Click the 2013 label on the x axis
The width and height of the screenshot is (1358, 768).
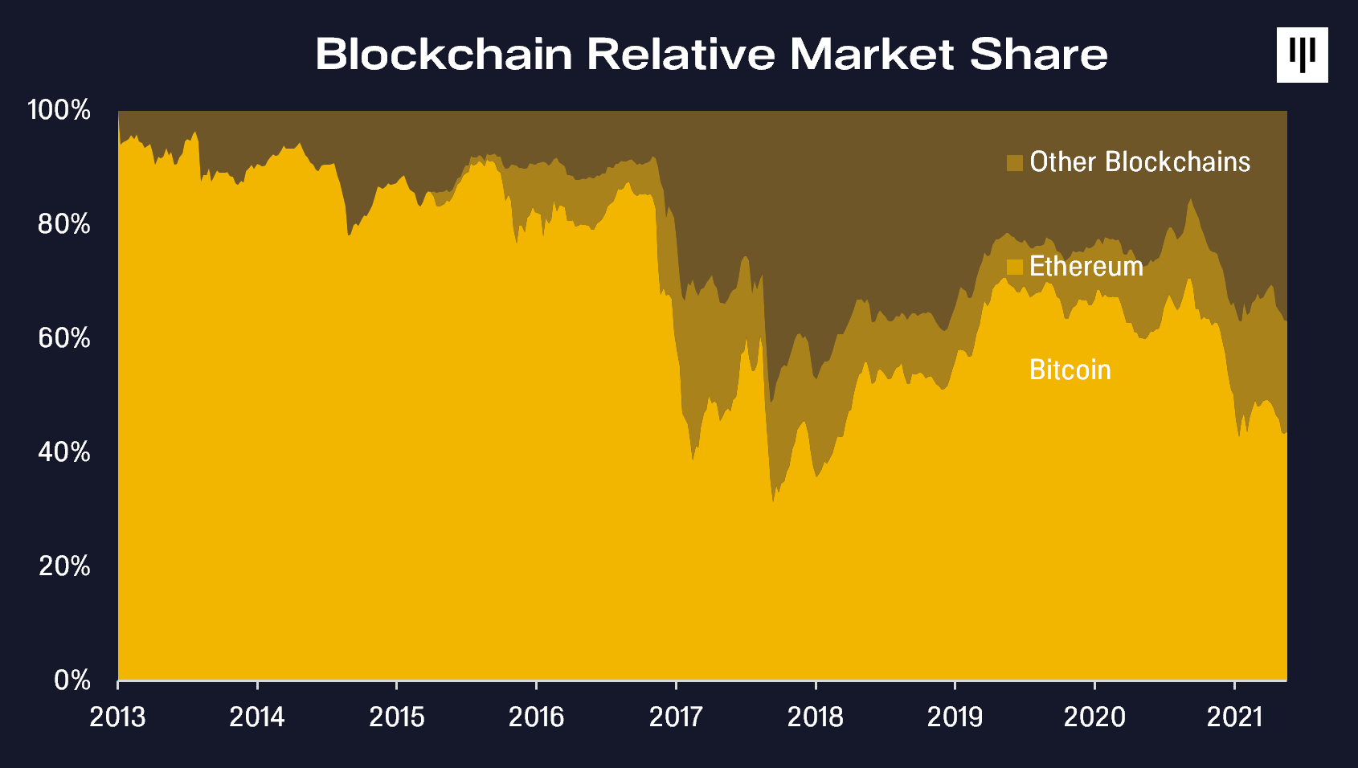117,717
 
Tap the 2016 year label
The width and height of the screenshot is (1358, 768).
536,717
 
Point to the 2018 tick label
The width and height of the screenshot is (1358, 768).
815,717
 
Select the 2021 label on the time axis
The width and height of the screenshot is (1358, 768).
1234,717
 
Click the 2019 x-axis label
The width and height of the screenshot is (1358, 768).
955,717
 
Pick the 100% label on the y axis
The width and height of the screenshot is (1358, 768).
59,110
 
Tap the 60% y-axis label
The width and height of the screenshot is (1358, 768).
64,338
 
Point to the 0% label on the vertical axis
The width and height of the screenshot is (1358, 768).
72,680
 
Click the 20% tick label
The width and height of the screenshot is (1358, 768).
64,566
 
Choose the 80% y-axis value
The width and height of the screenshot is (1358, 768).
64,224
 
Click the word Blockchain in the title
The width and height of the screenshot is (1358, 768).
444,55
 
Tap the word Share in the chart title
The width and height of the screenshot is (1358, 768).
1038,55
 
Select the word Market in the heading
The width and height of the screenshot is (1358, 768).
872,55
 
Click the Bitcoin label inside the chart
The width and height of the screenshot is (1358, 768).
1070,370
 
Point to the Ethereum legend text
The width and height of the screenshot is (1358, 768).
1086,266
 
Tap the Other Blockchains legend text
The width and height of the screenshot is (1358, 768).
1139,161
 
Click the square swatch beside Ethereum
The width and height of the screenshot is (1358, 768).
1014,267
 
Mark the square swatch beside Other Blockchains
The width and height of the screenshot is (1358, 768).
1014,162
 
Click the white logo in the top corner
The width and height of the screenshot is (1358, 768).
1303,55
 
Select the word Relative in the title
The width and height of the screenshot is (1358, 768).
681,55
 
